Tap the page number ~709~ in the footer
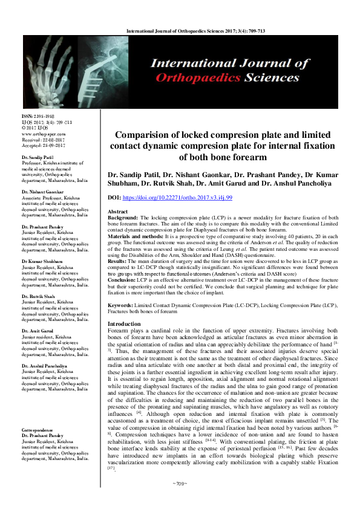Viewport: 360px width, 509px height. (x=180, y=501)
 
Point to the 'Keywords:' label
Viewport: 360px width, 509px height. (x=130, y=306)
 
